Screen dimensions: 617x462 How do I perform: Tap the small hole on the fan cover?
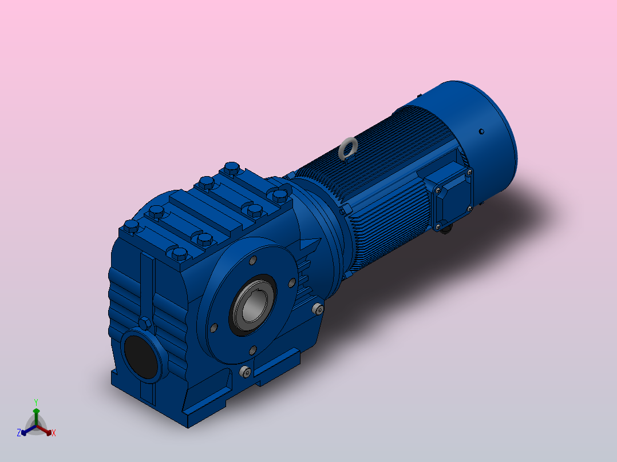481,132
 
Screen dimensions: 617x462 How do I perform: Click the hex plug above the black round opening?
145,323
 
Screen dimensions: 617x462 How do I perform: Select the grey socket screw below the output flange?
245,371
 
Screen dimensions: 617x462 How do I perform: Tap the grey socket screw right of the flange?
318,309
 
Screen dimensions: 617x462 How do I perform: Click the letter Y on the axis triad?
36,402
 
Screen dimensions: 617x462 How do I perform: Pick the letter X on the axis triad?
54,433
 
